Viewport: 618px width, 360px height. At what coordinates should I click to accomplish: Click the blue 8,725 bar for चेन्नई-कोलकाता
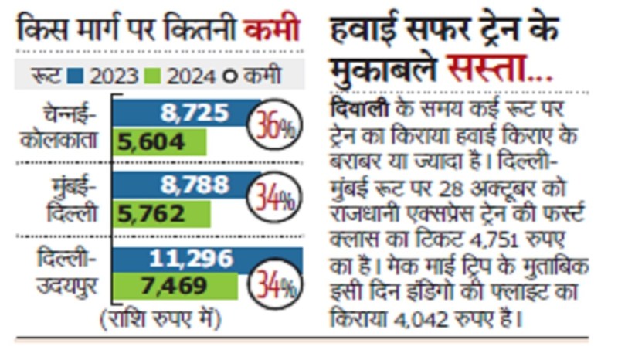185,114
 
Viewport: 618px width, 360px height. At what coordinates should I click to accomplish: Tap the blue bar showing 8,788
185,185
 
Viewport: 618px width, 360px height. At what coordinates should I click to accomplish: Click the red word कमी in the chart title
271,32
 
